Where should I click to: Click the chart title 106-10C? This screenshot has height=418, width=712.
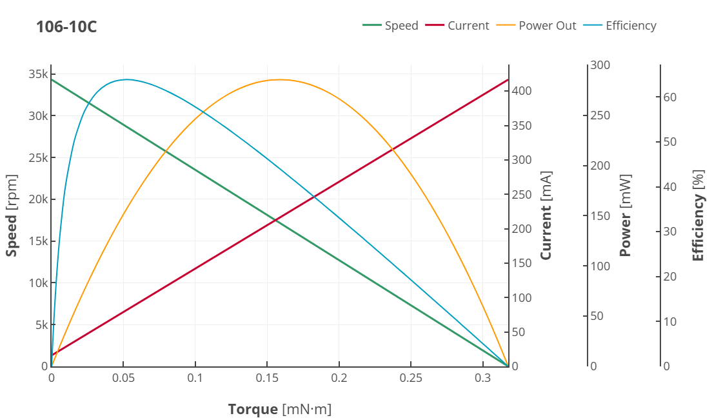pos(66,27)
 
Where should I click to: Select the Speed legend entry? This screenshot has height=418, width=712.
pos(391,26)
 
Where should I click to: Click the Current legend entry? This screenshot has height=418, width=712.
pos(458,26)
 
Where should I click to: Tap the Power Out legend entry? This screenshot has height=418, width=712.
pos(538,26)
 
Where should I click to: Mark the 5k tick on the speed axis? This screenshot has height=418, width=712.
pos(41,324)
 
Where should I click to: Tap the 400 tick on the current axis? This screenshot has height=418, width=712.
pos(522,91)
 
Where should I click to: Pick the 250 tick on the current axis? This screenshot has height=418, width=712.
pos(522,194)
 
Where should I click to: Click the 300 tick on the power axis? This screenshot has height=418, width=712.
pos(600,65)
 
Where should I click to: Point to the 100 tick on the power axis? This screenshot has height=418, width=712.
pos(600,266)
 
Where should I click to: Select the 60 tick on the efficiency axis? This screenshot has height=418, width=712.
pos(670,97)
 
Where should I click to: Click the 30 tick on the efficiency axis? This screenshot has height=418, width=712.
pos(670,232)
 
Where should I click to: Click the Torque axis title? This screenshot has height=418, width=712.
pos(279,409)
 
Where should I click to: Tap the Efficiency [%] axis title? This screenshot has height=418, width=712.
pos(698,219)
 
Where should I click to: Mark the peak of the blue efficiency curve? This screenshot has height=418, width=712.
pos(126,79)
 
